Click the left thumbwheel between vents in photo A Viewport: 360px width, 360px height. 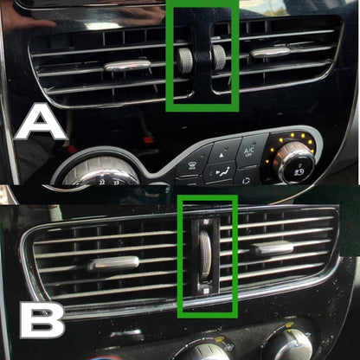coord(185,58)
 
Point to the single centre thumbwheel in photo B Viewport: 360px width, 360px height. coord(206,253)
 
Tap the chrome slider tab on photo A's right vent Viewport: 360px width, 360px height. coord(271,54)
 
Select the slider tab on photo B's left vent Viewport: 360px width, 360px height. coord(113,263)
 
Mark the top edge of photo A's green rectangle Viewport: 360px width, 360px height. coord(202,3)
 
